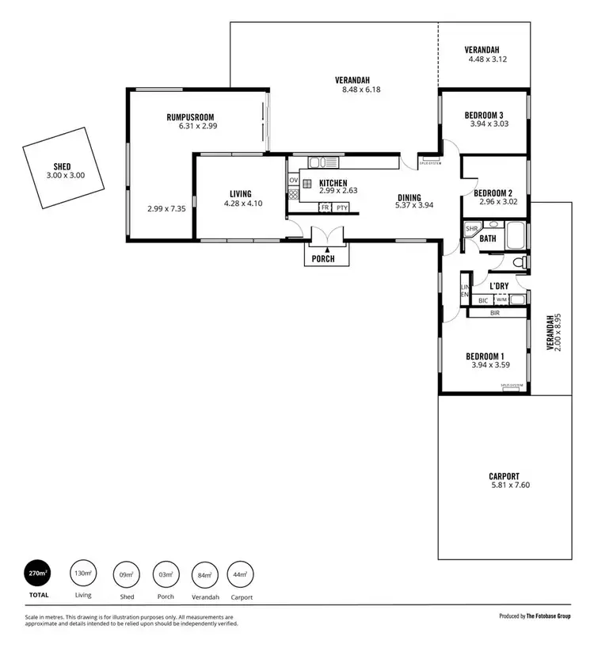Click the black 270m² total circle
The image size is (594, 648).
click(38, 574)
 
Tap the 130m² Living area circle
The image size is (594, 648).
click(82, 574)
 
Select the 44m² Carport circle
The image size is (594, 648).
click(239, 574)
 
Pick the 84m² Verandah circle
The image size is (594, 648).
click(205, 574)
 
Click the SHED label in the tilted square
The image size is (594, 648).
click(62, 166)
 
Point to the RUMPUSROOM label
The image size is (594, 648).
click(191, 117)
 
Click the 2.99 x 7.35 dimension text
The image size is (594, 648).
click(166, 209)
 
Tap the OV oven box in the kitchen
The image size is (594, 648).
click(293, 181)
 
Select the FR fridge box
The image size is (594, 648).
click(325, 208)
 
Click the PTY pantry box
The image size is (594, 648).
click(341, 208)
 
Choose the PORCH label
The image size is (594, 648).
click(323, 259)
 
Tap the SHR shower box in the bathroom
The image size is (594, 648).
click(472, 229)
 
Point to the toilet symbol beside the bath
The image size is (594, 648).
click(519, 262)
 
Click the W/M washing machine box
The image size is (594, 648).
click(501, 300)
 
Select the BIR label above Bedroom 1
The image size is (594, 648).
click(495, 313)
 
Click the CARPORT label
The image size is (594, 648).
click(504, 476)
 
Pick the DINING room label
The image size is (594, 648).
click(409, 198)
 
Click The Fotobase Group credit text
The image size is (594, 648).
click(550, 616)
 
